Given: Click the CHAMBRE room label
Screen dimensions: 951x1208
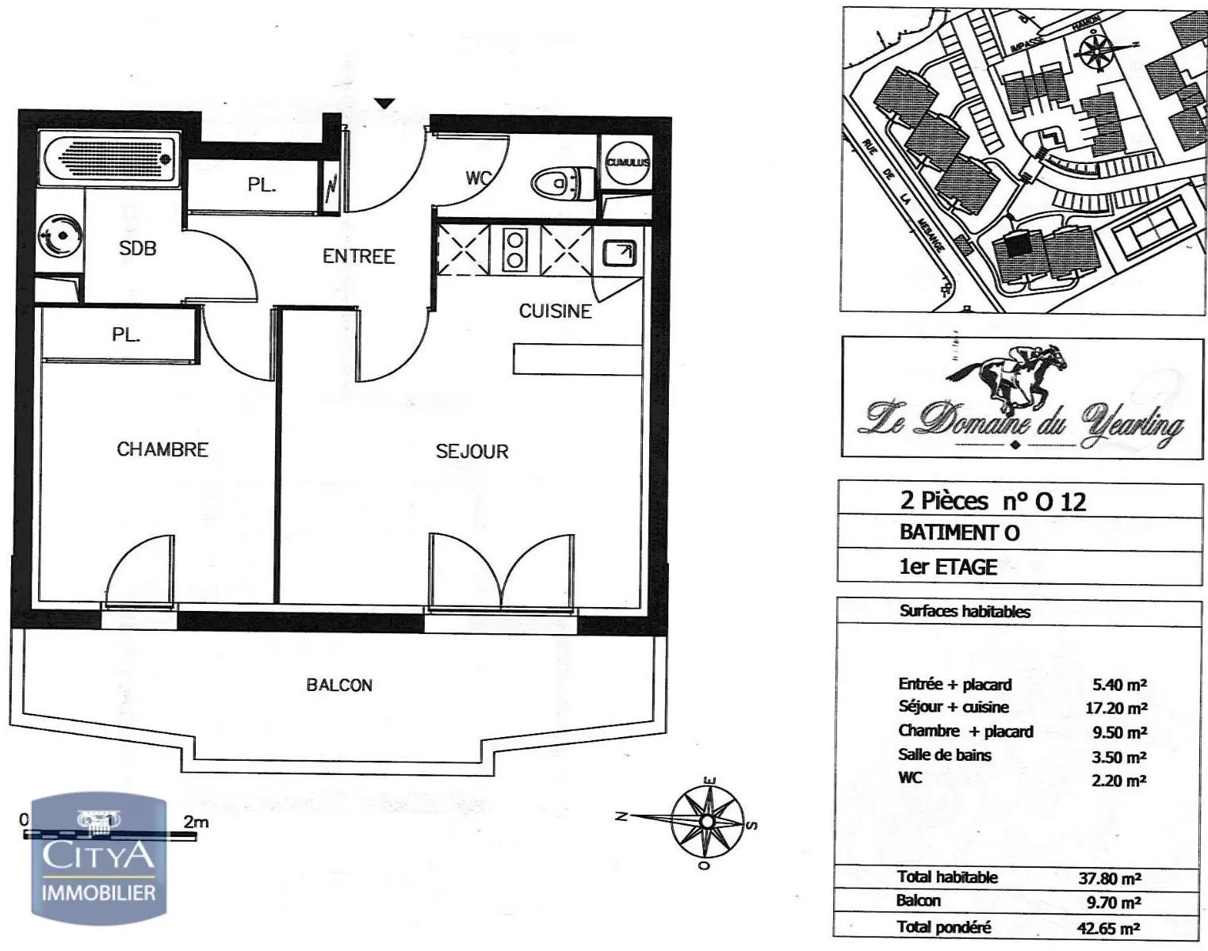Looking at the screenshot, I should (x=162, y=449).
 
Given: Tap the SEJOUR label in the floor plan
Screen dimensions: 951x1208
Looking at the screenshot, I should (x=472, y=451).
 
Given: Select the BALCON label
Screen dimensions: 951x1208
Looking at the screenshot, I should (x=339, y=685).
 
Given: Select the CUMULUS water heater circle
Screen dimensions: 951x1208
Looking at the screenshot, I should (x=627, y=162).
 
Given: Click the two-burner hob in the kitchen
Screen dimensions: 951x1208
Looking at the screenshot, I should (x=514, y=250).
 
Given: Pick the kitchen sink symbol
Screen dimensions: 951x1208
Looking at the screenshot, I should (x=618, y=253).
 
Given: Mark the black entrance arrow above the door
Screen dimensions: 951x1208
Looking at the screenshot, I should (x=384, y=103).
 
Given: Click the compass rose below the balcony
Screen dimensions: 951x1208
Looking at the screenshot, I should (x=706, y=821).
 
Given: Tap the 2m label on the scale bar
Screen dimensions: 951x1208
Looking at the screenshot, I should (x=196, y=822).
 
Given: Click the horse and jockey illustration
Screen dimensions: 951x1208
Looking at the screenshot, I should (x=1010, y=376).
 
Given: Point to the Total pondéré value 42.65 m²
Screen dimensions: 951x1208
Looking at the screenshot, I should (x=1109, y=928).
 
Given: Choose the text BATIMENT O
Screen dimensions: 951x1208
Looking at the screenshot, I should (x=959, y=533).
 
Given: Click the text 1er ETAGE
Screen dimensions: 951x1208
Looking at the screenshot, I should (x=948, y=567).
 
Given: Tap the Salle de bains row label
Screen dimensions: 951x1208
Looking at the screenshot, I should (x=944, y=755).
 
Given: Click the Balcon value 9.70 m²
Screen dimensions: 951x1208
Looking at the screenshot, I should (x=1113, y=902).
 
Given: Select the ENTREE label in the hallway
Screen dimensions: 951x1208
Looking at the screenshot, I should (x=358, y=256).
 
